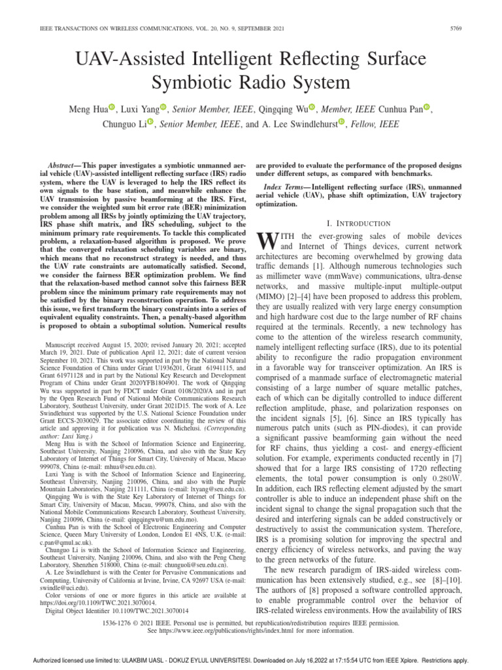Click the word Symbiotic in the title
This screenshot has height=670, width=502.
191,84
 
